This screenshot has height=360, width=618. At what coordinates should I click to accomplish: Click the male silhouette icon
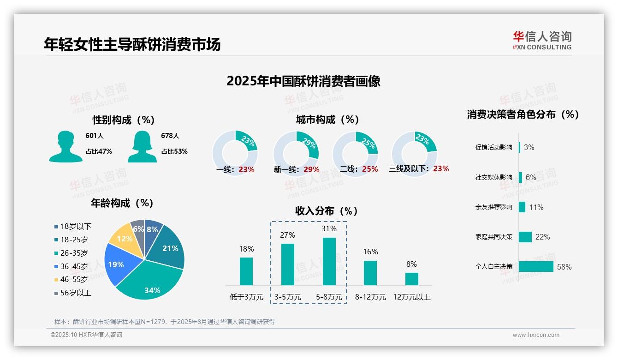click(65, 146)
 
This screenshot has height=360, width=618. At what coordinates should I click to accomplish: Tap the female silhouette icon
click(142, 146)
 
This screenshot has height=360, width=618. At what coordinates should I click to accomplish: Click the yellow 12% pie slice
click(123, 237)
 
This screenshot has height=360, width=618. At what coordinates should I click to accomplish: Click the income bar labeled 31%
click(329, 261)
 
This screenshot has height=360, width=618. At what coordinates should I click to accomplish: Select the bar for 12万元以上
click(412, 279)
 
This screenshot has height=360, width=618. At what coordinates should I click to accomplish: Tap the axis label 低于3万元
click(246, 297)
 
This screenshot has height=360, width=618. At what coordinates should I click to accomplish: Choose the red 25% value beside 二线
click(370, 169)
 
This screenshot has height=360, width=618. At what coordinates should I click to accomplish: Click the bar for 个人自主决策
click(536, 267)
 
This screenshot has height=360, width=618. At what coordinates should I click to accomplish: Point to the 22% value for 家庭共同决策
click(542, 237)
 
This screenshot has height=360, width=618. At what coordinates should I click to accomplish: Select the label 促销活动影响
click(493, 148)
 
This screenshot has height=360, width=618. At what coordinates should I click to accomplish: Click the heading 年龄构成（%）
click(122, 203)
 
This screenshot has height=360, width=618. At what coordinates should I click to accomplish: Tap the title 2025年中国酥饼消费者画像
click(303, 81)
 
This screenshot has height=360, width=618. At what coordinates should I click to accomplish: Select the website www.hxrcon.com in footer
click(536, 335)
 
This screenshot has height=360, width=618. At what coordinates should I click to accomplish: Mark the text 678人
click(170, 136)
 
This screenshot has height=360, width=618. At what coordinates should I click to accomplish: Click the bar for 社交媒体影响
click(521, 177)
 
